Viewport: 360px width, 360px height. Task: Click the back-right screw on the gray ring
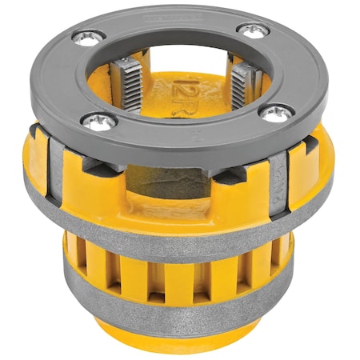point(254,30)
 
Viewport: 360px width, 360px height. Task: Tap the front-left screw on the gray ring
point(98,119)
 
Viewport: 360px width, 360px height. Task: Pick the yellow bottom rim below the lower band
point(180,340)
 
